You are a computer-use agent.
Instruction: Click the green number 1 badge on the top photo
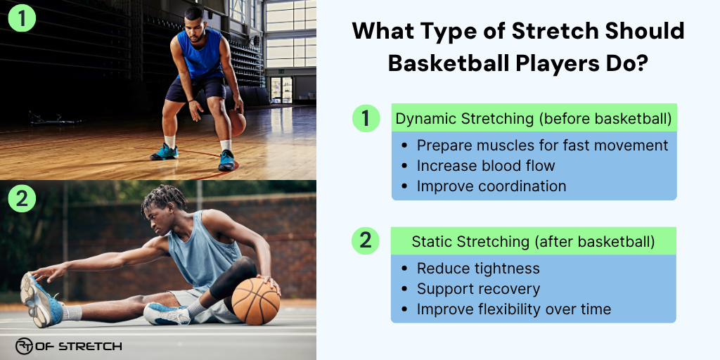tap(21, 19)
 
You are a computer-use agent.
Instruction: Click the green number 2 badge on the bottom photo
tap(21, 199)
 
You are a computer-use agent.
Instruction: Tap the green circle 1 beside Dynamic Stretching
tap(365, 118)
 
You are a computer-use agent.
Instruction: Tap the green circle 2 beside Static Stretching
tap(365, 240)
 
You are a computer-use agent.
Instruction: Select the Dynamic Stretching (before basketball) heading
tap(534, 119)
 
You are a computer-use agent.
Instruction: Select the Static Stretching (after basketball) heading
tap(534, 241)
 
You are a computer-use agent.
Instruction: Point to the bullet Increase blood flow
tap(486, 166)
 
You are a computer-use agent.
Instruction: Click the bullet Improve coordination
tap(491, 186)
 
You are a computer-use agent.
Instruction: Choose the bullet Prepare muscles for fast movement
tap(542, 146)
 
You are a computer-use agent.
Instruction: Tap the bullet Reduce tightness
tap(478, 269)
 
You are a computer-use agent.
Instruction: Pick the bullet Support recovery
tap(478, 289)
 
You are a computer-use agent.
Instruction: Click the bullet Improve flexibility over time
tap(514, 309)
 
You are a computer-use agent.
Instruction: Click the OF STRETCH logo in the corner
tap(69, 345)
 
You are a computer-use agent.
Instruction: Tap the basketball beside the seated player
tap(255, 300)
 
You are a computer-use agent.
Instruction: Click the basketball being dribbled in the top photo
tap(238, 123)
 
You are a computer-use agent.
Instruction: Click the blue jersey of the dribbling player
tap(201, 54)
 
